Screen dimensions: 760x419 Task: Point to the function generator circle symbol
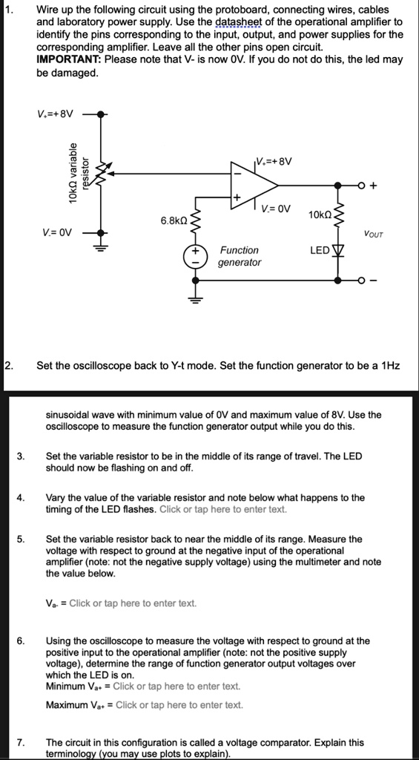[x=197, y=256]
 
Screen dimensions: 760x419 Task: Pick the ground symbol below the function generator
[x=197, y=299]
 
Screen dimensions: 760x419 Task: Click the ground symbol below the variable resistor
[x=96, y=248]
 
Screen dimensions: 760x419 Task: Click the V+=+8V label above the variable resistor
[x=55, y=114]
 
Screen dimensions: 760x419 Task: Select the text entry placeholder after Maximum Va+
[x=179, y=704]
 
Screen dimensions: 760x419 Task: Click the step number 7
[x=22, y=742]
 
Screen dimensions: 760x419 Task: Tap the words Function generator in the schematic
[x=240, y=257]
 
